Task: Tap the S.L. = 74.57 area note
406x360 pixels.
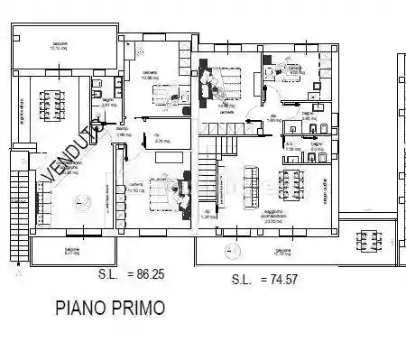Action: click(263, 280)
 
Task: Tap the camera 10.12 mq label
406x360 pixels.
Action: click(137, 189)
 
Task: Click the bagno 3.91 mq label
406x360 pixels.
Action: click(107, 104)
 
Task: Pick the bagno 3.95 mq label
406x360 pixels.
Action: click(308, 116)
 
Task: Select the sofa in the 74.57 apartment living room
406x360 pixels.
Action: click(249, 186)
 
